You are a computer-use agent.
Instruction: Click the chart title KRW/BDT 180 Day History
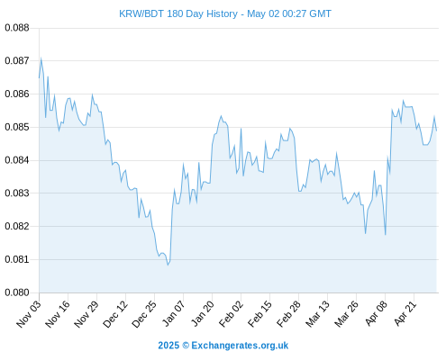[x=178, y=13]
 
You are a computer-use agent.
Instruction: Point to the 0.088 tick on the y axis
[x=17, y=28]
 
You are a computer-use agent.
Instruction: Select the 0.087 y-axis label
[x=17, y=61]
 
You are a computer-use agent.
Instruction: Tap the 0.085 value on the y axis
[x=17, y=127]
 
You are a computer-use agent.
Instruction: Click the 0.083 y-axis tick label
[x=17, y=193]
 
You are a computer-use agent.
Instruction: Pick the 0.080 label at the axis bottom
[x=17, y=292]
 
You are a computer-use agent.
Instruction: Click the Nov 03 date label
[x=29, y=314]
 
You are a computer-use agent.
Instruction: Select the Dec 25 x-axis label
[x=144, y=314]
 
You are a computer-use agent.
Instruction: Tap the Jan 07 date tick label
[x=174, y=313]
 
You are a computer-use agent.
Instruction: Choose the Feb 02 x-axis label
[x=232, y=314]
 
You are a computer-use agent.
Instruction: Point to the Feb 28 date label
[x=289, y=314]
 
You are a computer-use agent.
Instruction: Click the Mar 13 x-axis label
[x=318, y=314]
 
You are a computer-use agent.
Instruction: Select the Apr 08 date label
[x=376, y=313]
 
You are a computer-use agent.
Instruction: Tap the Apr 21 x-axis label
[x=405, y=313]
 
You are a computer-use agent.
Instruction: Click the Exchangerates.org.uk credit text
[x=240, y=346]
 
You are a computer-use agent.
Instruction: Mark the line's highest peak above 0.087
[x=41, y=58]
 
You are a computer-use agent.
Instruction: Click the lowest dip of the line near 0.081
[x=168, y=265]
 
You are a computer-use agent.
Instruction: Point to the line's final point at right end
[x=436, y=130]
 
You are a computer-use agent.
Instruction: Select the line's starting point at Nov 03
[x=39, y=78]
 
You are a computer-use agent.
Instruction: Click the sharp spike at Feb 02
[x=241, y=129]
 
